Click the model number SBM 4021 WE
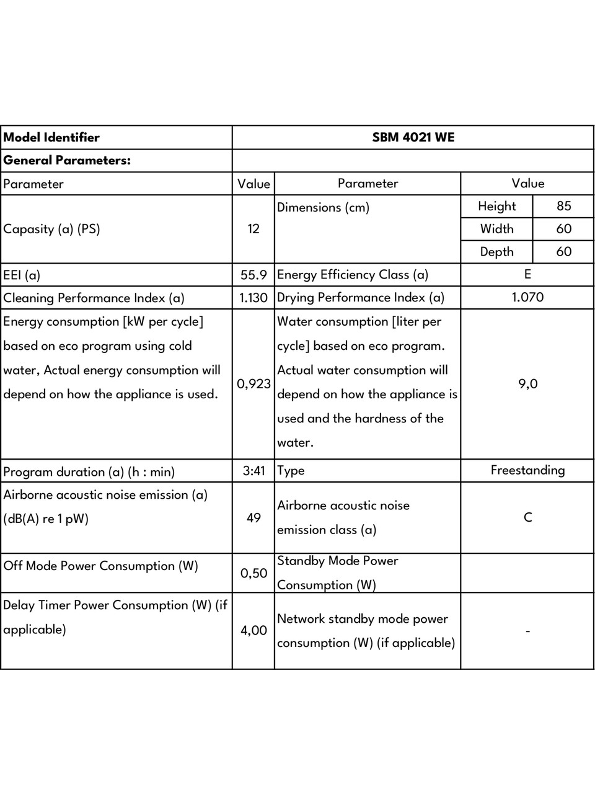413,137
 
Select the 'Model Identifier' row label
51,138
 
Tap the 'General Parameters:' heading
67,160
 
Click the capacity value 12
253,229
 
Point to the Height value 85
563,206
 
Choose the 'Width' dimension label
496,229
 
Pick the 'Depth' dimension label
496,252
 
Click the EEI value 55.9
253,275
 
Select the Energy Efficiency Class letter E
527,274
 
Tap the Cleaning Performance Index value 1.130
253,298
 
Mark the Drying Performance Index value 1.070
527,297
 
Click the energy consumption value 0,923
253,384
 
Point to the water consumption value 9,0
527,384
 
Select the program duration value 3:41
253,471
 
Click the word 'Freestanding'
527,470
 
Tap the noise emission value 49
253,517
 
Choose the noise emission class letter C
527,517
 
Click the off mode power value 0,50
253,573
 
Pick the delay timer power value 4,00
253,630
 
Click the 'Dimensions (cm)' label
323,207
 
